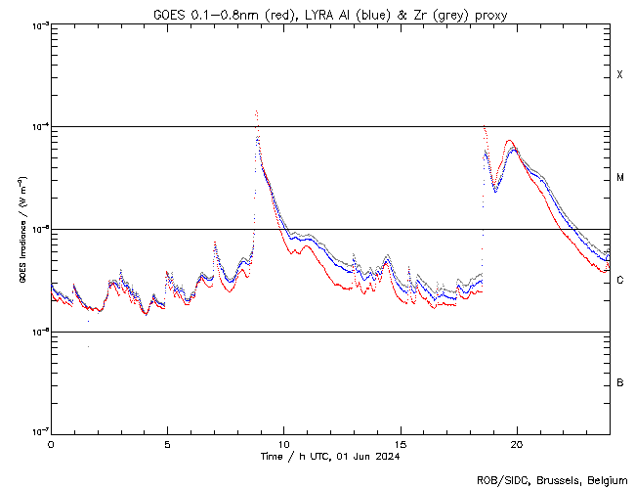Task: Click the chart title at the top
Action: pyautogui.click(x=329, y=14)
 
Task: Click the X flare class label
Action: pyautogui.click(x=620, y=75)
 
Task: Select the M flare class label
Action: pyautogui.click(x=620, y=178)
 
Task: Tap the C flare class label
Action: pyautogui.click(x=620, y=281)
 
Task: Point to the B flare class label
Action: pyautogui.click(x=620, y=382)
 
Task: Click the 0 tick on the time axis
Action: pyautogui.click(x=51, y=444)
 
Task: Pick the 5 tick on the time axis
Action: pyautogui.click(x=167, y=444)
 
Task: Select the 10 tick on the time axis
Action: pyautogui.click(x=283, y=444)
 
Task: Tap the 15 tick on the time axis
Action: pyautogui.click(x=400, y=444)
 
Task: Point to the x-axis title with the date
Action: pyautogui.click(x=329, y=456)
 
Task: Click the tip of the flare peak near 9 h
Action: pyautogui.click(x=256, y=111)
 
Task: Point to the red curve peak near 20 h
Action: pyautogui.click(x=510, y=141)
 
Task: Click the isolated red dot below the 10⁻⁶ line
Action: pyautogui.click(x=88, y=346)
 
